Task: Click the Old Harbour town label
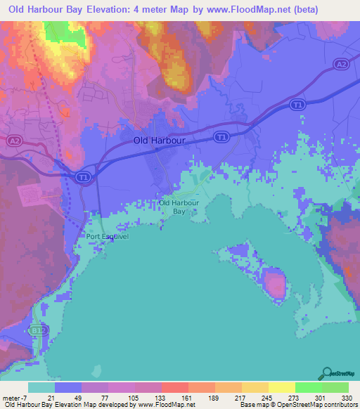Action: click(x=160, y=141)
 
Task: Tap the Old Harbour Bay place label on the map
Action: click(x=179, y=207)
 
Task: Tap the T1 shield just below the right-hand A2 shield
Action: click(x=298, y=105)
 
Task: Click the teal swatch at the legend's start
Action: click(x=41, y=387)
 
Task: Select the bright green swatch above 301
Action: click(x=309, y=387)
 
